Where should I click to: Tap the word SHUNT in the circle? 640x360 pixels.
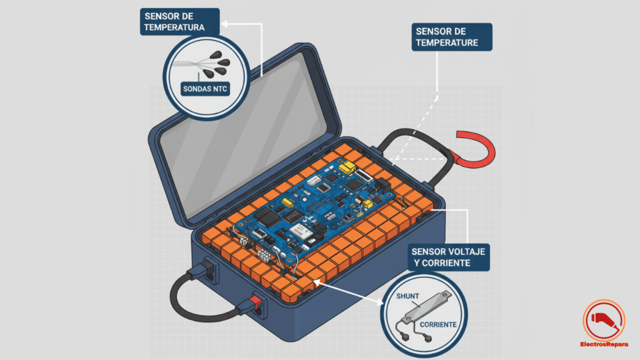point(409,297)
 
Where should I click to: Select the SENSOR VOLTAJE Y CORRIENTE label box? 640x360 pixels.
point(447,257)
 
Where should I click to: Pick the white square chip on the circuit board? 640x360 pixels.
point(307,232)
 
